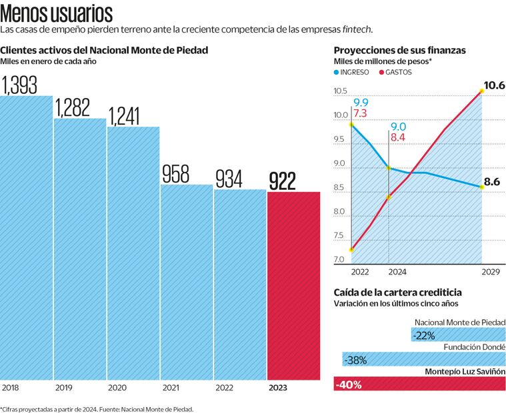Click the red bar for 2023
tap(293, 286)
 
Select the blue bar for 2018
tap(27, 240)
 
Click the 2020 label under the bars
tap(117, 387)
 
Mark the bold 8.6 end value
tap(492, 181)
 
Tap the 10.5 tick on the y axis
tap(340, 91)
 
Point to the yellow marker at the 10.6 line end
tap(481, 91)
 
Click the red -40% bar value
tap(347, 384)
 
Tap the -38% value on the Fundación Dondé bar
tap(355, 360)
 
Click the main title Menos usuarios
tap(57, 14)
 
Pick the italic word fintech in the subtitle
tap(357, 30)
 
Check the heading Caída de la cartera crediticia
tap(397, 292)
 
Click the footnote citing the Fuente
tap(97, 408)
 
